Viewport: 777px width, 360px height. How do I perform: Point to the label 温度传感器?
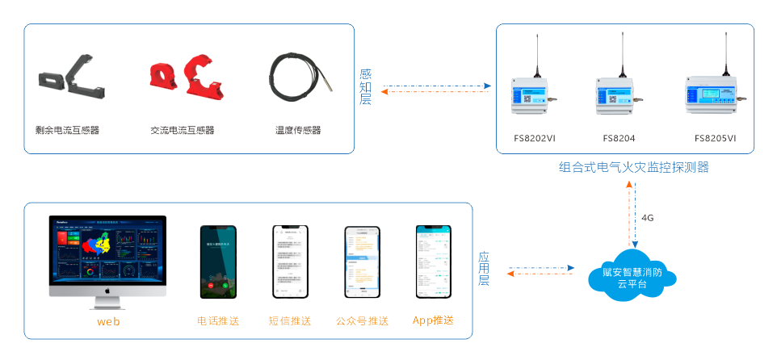[298, 130]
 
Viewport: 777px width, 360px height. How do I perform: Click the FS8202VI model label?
[535, 138]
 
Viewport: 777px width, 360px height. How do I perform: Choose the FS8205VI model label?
[715, 138]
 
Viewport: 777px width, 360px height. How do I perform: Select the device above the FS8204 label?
[619, 95]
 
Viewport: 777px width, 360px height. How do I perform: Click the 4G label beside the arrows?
[648, 218]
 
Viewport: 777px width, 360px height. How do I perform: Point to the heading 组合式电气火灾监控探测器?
[633, 168]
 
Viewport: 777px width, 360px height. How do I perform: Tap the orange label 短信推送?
[290, 320]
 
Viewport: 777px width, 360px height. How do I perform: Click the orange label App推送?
[432, 320]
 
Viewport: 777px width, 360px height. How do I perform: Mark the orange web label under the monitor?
[108, 322]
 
